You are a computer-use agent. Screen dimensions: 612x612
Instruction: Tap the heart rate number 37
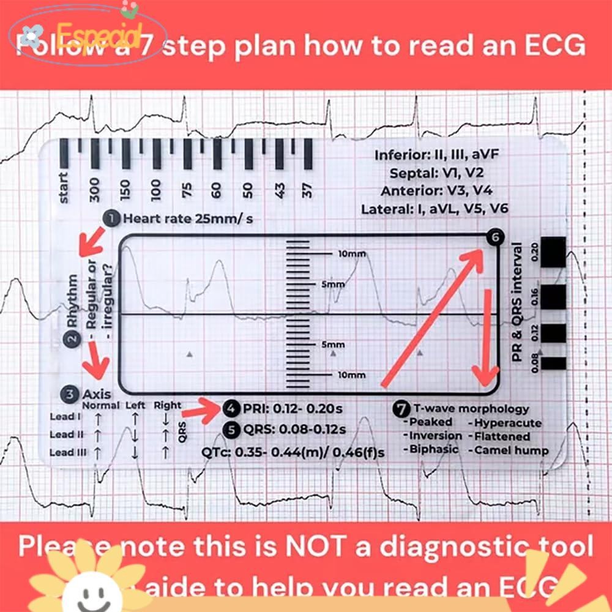(308, 190)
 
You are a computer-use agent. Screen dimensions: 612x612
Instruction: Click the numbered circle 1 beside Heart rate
(112, 218)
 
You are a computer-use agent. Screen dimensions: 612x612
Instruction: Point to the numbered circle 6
(494, 238)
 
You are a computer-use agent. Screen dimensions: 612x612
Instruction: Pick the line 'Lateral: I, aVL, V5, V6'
(435, 209)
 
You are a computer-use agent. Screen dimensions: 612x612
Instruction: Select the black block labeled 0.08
(553, 363)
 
